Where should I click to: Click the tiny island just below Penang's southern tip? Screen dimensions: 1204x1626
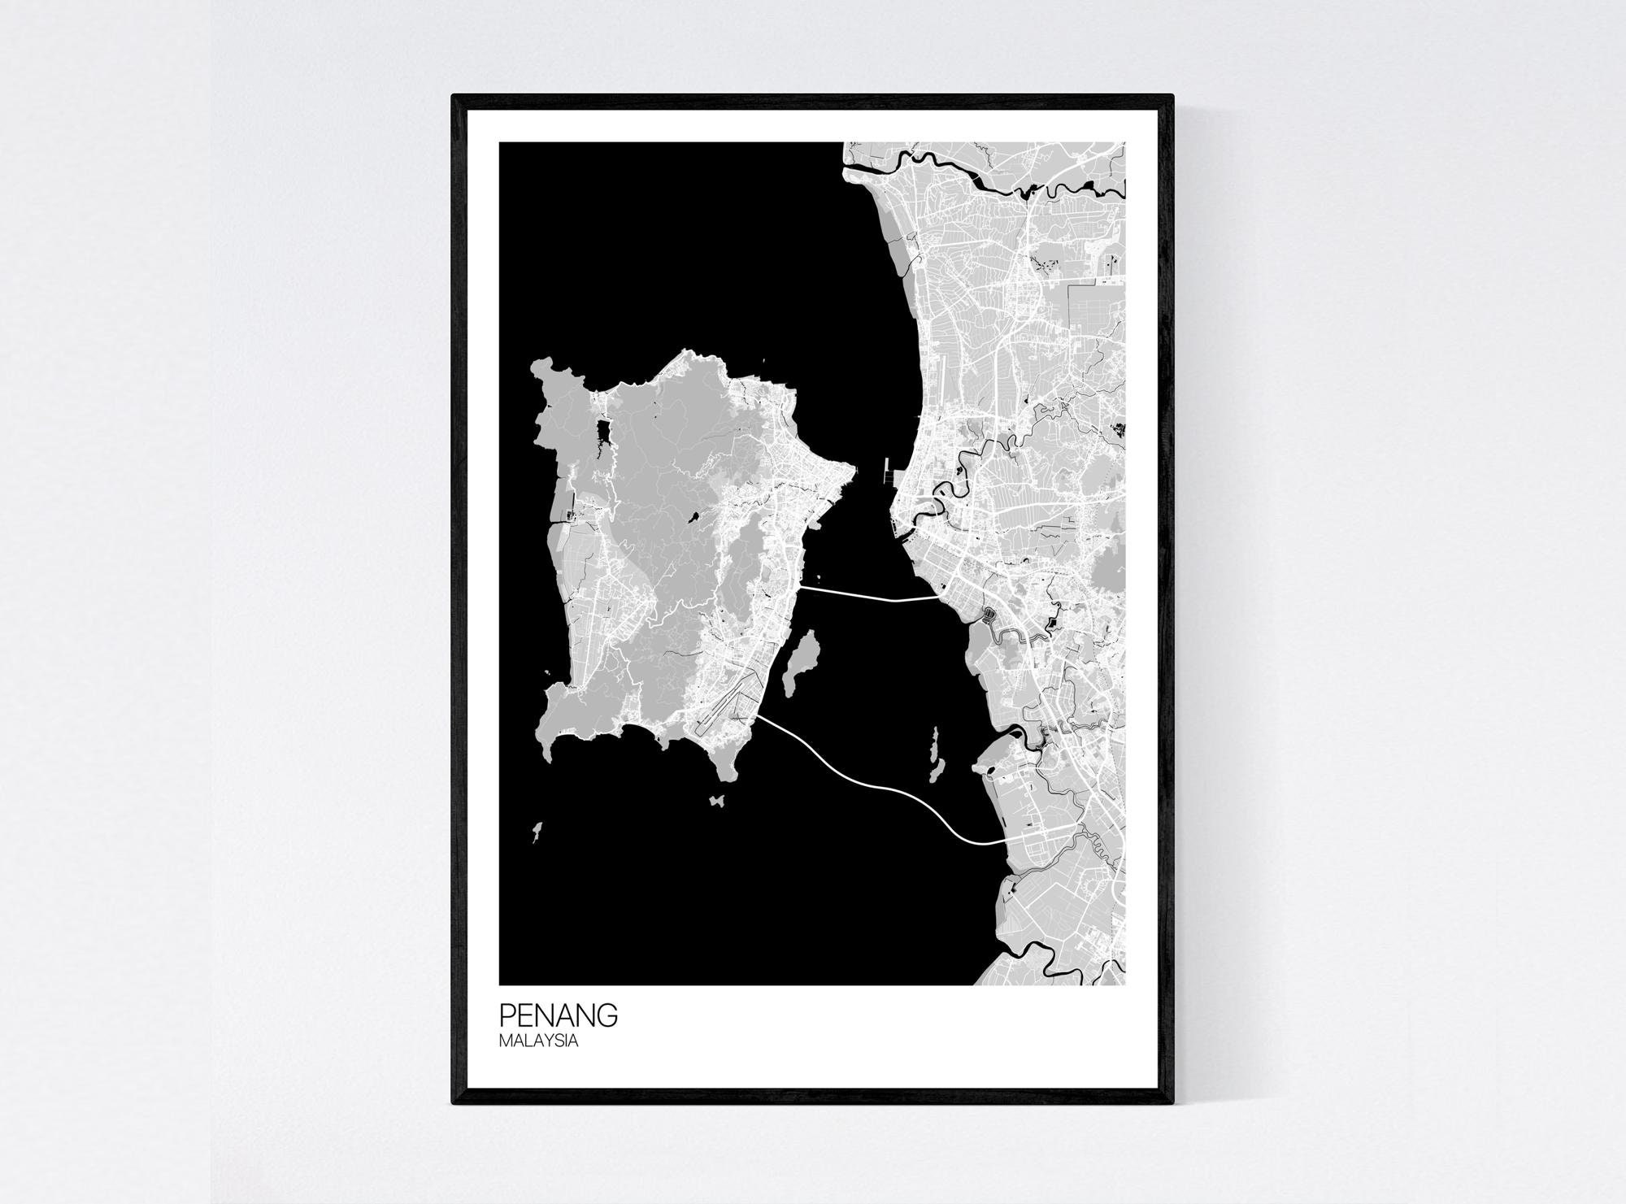[x=716, y=801]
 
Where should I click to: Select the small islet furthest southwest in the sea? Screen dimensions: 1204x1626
[x=537, y=832]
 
